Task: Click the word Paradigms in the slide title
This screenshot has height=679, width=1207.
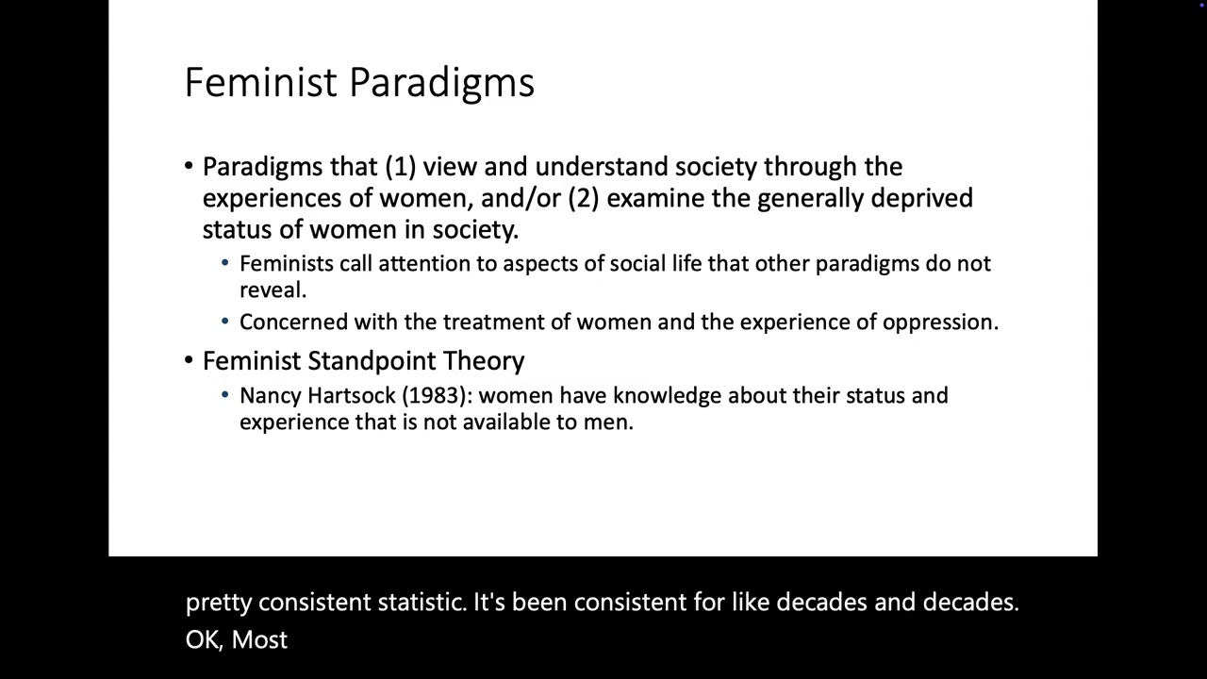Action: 441,83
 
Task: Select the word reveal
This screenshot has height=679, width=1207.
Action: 272,290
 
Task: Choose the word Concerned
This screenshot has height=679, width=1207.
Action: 293,323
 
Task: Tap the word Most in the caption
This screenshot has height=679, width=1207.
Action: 259,639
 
